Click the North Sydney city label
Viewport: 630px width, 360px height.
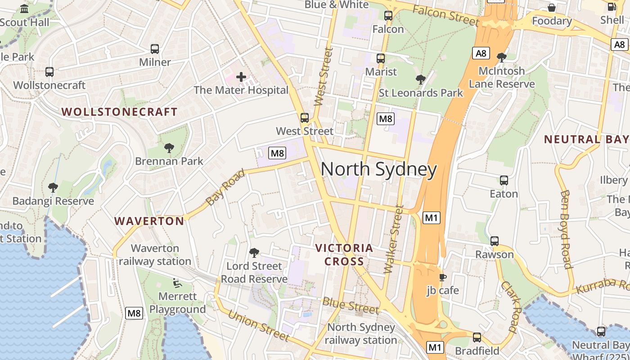click(378, 169)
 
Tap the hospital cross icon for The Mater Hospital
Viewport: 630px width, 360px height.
click(241, 77)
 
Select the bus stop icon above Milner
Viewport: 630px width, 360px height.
click(155, 49)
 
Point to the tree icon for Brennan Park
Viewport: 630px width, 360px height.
click(169, 148)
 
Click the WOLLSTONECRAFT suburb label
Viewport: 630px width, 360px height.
click(119, 112)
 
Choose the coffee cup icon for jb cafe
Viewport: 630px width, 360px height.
click(443, 277)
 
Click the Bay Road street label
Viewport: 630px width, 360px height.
click(226, 187)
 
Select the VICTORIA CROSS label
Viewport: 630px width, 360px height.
click(344, 254)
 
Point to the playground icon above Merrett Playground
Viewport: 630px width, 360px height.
click(177, 283)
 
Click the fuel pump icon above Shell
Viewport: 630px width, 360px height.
click(612, 7)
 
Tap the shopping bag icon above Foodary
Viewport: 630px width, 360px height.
click(552, 8)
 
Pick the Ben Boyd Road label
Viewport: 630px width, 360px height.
click(566, 229)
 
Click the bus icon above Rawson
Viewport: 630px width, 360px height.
click(495, 241)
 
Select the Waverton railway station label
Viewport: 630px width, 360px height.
click(155, 255)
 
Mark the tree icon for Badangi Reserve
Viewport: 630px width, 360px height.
click(53, 188)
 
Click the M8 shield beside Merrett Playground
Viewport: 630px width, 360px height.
click(134, 313)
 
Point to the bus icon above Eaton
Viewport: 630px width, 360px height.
click(504, 180)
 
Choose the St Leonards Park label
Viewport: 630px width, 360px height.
click(421, 93)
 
